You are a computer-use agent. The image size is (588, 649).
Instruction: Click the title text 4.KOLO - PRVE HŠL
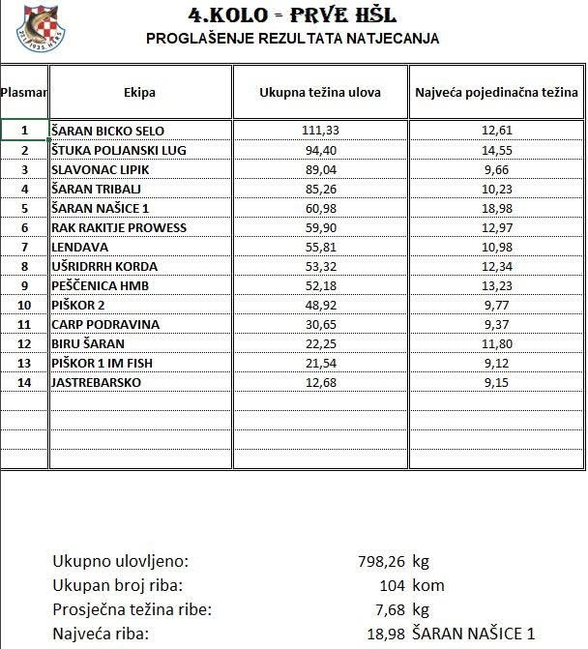pyautogui.click(x=294, y=15)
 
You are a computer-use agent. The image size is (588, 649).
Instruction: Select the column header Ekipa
pyautogui.click(x=139, y=93)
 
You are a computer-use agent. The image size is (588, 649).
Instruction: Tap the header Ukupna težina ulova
pyautogui.click(x=320, y=93)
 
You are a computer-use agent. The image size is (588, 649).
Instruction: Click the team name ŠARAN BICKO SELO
pyautogui.click(x=107, y=131)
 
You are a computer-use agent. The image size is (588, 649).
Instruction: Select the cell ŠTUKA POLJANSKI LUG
pyautogui.click(x=118, y=150)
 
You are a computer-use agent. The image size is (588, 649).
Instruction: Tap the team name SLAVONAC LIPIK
pyautogui.click(x=101, y=169)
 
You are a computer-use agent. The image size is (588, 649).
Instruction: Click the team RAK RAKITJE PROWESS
pyautogui.click(x=119, y=227)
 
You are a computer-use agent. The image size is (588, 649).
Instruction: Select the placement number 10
pyautogui.click(x=25, y=305)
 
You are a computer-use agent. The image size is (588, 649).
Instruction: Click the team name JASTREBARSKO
pyautogui.click(x=96, y=382)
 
